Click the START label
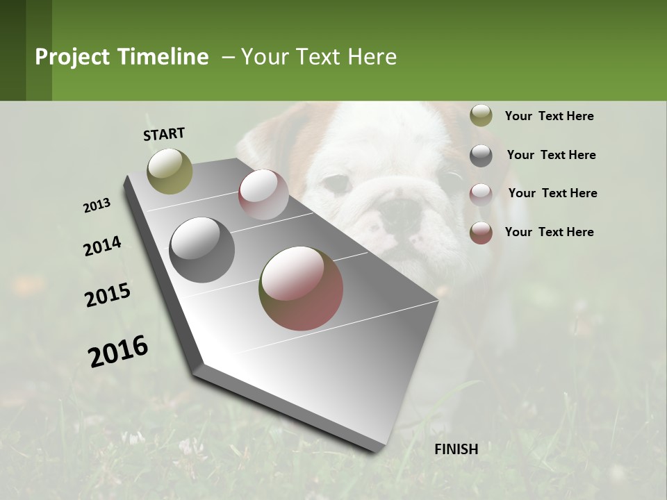[x=164, y=134]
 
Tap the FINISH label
[x=456, y=449]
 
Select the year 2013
[x=97, y=206]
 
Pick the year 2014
[x=103, y=247]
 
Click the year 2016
[x=118, y=351]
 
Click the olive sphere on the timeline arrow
[x=170, y=171]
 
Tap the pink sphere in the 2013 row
[x=263, y=194]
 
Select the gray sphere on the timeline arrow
[x=202, y=249]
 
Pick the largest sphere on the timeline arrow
[x=301, y=288]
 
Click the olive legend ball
[x=481, y=115]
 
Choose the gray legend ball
[x=481, y=155]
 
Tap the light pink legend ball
[x=481, y=194]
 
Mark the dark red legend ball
[x=481, y=233]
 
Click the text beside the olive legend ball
[x=549, y=116]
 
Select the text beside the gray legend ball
[x=551, y=155]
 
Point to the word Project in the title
[x=72, y=57]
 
